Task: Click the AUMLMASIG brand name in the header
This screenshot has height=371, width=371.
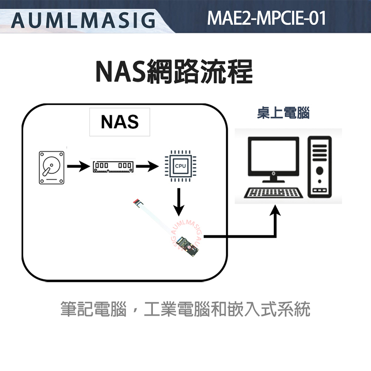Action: [83, 20]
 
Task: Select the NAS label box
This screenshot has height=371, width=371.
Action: [120, 122]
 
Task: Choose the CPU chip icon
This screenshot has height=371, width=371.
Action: [178, 167]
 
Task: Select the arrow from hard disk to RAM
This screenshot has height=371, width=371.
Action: [78, 167]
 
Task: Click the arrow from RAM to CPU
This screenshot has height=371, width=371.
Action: [146, 167]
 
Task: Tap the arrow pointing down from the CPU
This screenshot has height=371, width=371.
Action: [178, 202]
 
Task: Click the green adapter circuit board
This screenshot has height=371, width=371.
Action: [191, 245]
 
